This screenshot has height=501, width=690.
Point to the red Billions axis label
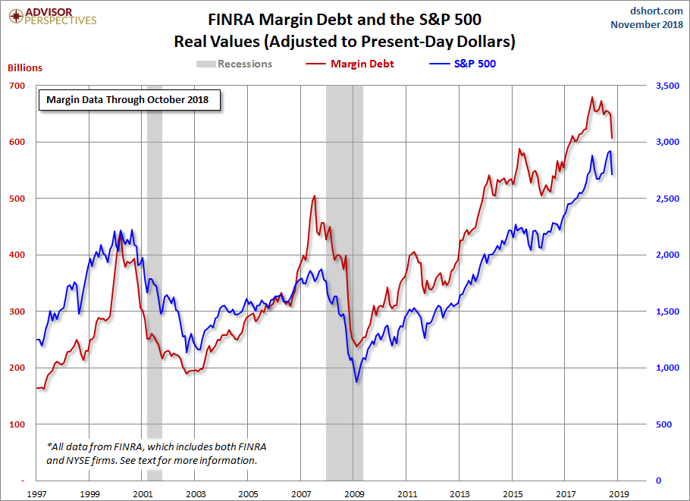point(25,67)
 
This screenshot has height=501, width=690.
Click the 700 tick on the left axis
point(16,86)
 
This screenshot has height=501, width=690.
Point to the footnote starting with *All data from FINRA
point(156,453)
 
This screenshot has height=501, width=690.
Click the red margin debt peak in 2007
point(314,196)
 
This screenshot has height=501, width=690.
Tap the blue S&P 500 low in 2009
point(356,382)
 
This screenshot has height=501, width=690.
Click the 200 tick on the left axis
point(16,368)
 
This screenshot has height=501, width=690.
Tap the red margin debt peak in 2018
point(591,98)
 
